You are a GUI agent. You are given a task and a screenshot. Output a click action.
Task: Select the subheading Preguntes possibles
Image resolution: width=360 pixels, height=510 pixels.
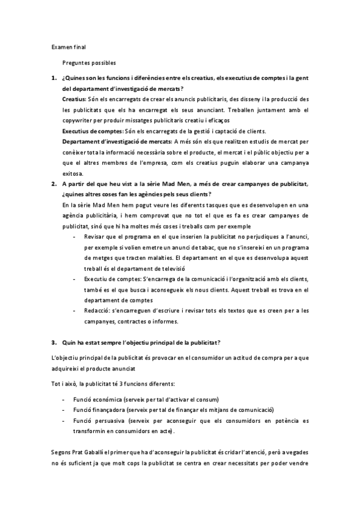[x=89, y=62]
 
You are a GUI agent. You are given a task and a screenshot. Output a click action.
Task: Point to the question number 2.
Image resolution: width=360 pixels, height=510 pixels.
[x=53, y=183]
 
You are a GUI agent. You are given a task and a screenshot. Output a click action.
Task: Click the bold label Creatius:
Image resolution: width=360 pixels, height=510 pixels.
[x=75, y=97]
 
